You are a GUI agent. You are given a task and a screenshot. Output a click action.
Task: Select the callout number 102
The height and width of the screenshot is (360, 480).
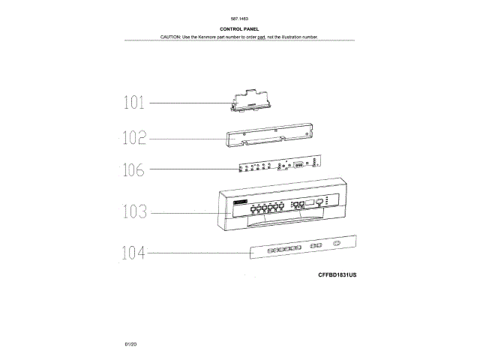(135, 138)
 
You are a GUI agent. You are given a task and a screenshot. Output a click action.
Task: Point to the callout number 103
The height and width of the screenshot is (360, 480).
(136, 212)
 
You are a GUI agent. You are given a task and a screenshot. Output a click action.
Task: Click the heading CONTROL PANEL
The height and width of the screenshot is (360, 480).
(240, 28)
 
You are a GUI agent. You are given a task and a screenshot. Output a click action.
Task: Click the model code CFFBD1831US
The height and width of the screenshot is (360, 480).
(337, 275)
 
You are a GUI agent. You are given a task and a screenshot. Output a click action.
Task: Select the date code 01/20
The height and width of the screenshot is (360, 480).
(131, 343)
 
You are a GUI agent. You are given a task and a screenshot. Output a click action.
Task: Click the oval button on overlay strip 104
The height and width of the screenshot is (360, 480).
(335, 244)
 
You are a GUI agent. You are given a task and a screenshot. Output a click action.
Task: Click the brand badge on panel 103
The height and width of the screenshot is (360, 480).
(241, 203)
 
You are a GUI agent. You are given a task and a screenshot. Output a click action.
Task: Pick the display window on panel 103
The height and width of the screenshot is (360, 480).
(320, 202)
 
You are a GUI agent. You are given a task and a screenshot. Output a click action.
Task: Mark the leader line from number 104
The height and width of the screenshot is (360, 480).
(195, 254)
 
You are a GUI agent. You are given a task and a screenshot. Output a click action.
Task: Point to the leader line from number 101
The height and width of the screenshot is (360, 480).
(187, 103)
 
